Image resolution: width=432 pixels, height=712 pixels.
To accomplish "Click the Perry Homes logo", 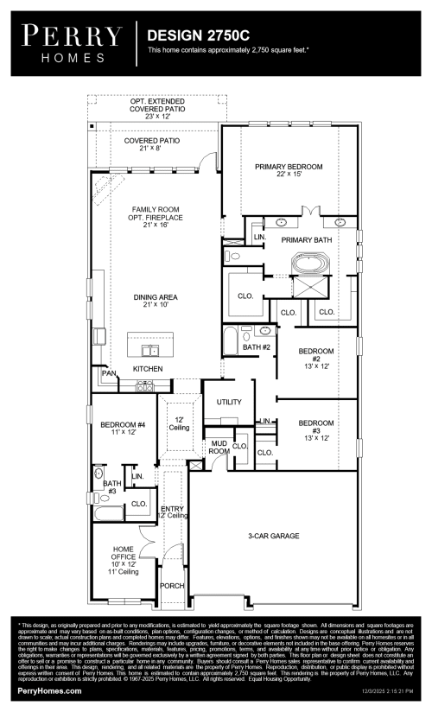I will pos(72,43).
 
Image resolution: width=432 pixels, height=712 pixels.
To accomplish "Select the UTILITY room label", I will pos(228,402).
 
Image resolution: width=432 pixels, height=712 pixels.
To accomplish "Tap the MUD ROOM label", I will pos(219,448).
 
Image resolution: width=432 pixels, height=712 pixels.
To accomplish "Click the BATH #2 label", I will pos(257,346).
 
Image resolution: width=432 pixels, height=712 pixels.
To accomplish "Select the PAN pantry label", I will pos(109,373).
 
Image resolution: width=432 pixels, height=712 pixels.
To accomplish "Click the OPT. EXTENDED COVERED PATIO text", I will pos(151,108).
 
